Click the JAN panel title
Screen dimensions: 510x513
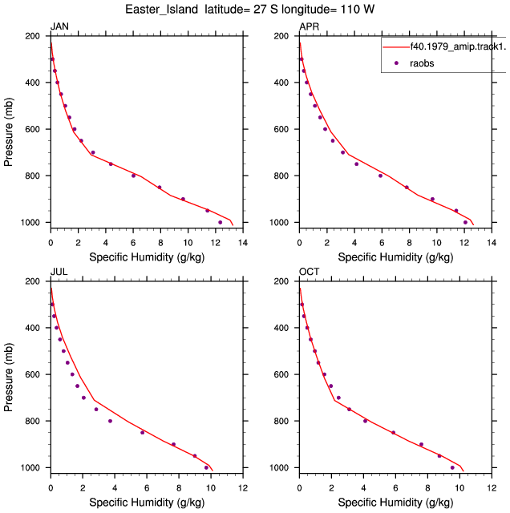59,26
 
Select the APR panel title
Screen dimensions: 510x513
309,26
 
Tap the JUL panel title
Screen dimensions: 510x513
59,272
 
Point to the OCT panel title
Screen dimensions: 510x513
309,272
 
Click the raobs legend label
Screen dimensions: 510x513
422,63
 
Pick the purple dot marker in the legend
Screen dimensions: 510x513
396,63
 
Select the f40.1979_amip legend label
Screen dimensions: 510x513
458,46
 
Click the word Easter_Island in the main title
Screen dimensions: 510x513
161,10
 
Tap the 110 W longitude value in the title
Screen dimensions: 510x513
357,9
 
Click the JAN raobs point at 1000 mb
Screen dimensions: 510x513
220,223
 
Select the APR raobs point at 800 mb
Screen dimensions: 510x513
380,176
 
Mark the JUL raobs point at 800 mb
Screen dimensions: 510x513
110,421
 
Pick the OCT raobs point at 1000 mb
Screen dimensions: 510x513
452,468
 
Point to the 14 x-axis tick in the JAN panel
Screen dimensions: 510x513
243,243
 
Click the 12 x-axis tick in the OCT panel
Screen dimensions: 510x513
492,488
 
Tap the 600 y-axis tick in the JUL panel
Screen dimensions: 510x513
32,374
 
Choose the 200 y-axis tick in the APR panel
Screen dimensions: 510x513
281,35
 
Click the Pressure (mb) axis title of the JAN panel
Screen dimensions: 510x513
8,131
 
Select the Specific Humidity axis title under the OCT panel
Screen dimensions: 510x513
395,503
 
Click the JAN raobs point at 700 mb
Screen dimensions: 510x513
93,152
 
